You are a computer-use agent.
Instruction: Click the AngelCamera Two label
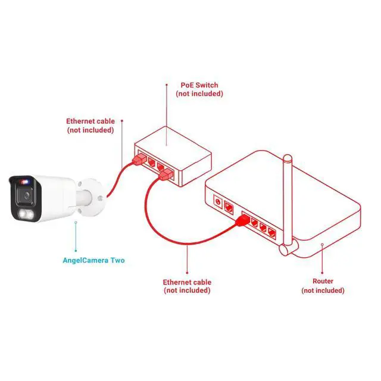tap(93, 260)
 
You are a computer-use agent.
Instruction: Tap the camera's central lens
tap(26, 195)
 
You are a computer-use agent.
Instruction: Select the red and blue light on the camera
tap(24, 179)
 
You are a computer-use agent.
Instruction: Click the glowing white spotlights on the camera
tap(26, 215)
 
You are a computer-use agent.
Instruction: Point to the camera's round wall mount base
tap(94, 195)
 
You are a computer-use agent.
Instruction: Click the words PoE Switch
tap(199, 85)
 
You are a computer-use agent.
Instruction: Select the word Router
tap(323, 281)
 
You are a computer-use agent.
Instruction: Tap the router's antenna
tap(289, 202)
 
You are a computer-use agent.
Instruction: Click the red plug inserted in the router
tap(242, 221)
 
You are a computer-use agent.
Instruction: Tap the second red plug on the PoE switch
tap(167, 174)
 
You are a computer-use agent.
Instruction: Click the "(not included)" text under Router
tap(323, 291)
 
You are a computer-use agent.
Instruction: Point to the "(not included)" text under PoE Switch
tap(199, 94)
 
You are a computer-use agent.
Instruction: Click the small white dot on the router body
tap(322, 244)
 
